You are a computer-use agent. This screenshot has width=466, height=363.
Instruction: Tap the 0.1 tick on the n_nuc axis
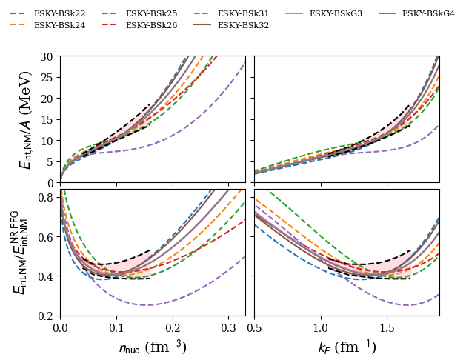click(x=116, y=327)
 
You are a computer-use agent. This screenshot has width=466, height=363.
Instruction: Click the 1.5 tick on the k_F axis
click(x=387, y=327)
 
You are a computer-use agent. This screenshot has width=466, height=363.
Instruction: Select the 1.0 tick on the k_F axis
click(x=321, y=327)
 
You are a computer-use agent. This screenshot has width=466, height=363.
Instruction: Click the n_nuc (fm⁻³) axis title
click(x=153, y=347)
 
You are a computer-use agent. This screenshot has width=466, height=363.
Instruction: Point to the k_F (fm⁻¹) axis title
click(x=347, y=347)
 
